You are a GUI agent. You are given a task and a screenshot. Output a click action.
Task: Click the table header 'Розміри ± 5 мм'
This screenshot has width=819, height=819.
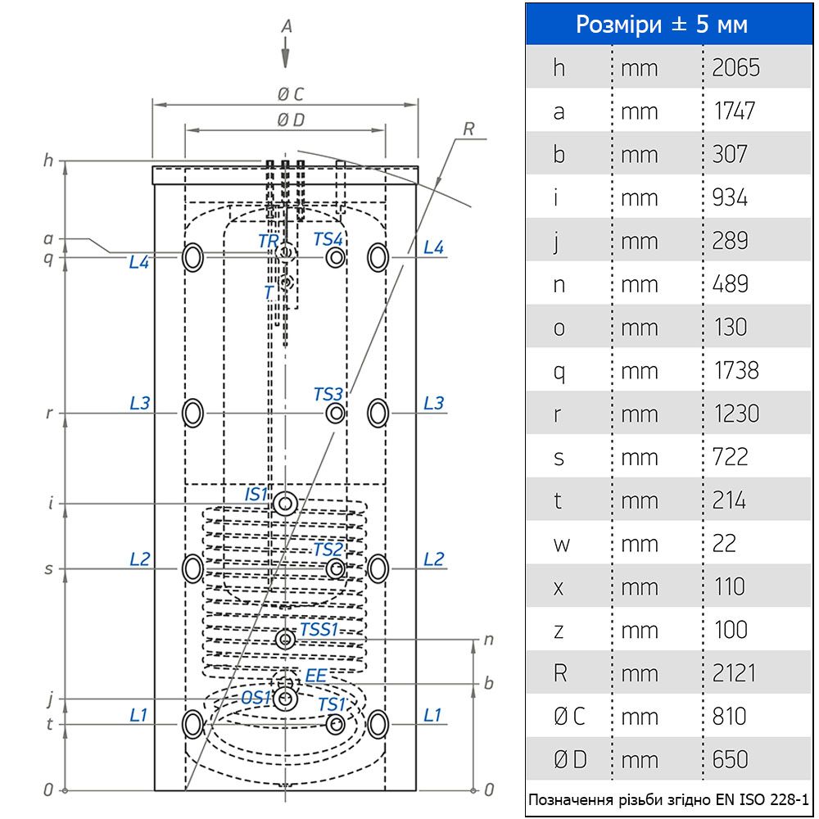pos(662,24)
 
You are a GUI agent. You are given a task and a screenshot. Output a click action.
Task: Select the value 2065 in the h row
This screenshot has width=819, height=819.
pos(735,67)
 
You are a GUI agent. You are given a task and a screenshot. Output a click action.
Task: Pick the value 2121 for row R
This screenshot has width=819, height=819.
pos(730,673)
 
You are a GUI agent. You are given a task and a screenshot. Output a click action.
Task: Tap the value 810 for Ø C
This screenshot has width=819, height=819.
pos(729,717)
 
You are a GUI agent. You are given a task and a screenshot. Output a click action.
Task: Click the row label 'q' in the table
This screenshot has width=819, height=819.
pos(559,370)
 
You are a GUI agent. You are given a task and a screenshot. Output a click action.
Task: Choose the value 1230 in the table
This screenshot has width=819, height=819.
pos(735,414)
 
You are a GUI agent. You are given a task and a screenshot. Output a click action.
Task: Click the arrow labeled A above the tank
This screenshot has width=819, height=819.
pos(286,56)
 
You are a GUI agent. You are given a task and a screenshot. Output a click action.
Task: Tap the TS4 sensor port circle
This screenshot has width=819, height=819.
pos(335,257)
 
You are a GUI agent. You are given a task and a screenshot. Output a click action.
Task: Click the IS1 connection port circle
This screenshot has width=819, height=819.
pos(286,504)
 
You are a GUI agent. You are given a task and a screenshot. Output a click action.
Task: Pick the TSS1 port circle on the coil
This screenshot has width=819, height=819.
pos(286,639)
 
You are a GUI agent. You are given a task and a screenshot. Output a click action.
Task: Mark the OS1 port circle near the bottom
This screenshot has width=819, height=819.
pos(286,699)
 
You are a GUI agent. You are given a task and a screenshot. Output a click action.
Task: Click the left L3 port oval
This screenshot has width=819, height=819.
pos(192,413)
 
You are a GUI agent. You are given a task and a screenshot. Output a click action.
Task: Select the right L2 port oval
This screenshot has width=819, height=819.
pos(378,568)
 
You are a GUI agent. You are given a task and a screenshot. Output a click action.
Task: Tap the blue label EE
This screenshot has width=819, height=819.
pos(315,676)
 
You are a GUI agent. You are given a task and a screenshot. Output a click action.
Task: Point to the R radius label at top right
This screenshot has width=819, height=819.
pos(468,129)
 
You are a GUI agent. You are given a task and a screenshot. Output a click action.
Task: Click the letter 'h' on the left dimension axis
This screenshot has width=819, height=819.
pos(48,161)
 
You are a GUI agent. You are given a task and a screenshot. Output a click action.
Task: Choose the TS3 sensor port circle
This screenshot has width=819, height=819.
pos(335,414)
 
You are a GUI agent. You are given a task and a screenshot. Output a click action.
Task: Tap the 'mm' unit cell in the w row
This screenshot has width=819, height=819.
pos(639,544)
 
